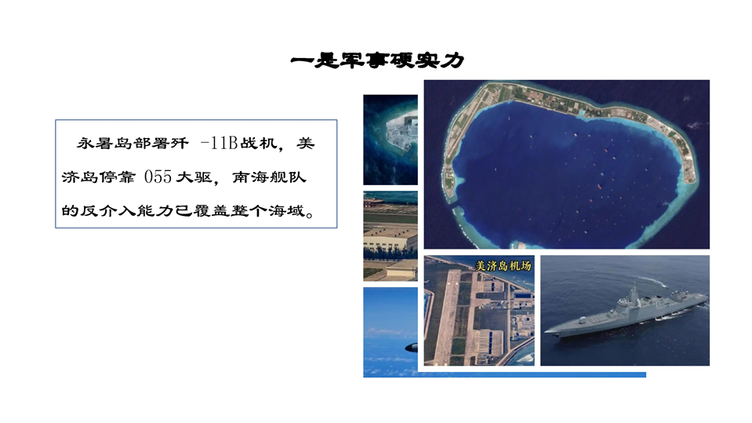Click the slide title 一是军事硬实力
[x=377, y=60]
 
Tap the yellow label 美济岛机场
[x=503, y=265]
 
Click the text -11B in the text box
[x=219, y=143]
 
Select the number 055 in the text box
[x=158, y=177]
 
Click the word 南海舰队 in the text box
[x=269, y=177]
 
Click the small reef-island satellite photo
[x=391, y=140]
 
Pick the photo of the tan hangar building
[x=391, y=235]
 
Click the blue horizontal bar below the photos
[x=504, y=374]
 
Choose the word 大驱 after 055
[x=194, y=177]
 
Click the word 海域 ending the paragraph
[x=286, y=211]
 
